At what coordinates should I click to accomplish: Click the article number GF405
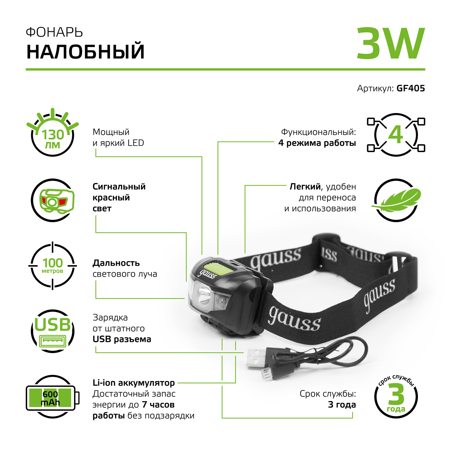[410, 88]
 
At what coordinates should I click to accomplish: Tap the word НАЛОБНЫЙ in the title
[85, 52]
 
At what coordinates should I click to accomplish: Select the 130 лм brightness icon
[53, 135]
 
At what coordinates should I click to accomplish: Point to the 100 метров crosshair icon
[53, 265]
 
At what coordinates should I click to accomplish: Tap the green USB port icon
[53, 331]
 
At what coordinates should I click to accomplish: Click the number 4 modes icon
[396, 135]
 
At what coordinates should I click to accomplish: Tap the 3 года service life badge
[396, 397]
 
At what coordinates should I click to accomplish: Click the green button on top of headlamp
[218, 268]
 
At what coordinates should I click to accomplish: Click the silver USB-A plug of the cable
[256, 358]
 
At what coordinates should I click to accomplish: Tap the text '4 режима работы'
[317, 143]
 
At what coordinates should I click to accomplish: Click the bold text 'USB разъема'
[122, 339]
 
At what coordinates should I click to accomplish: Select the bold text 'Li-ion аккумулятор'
[133, 383]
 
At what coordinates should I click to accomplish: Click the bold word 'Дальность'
[116, 263]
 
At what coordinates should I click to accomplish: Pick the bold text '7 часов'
[158, 405]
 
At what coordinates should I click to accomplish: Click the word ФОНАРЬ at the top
[54, 32]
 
